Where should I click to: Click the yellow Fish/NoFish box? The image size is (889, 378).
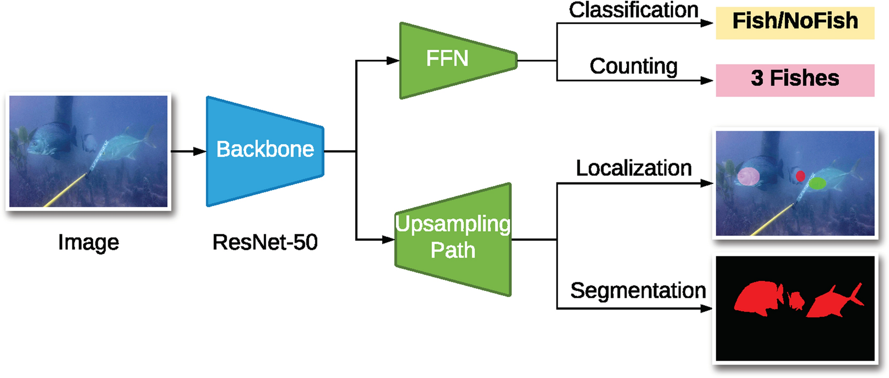(795, 23)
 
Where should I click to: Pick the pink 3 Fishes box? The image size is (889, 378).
(795, 79)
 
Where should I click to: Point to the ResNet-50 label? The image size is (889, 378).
(265, 242)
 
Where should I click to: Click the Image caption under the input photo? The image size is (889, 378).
(88, 242)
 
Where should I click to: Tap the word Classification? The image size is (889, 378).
(633, 10)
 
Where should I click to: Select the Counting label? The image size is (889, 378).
(633, 66)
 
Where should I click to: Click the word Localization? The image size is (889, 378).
(633, 168)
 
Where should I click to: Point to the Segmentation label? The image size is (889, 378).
(638, 291)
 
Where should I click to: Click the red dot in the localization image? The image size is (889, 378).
(801, 176)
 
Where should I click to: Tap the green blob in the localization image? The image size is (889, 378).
(818, 183)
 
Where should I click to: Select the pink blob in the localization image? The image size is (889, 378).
(748, 176)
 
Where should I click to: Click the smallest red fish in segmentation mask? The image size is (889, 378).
(796, 301)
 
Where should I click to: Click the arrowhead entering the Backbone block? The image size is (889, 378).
(201, 151)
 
